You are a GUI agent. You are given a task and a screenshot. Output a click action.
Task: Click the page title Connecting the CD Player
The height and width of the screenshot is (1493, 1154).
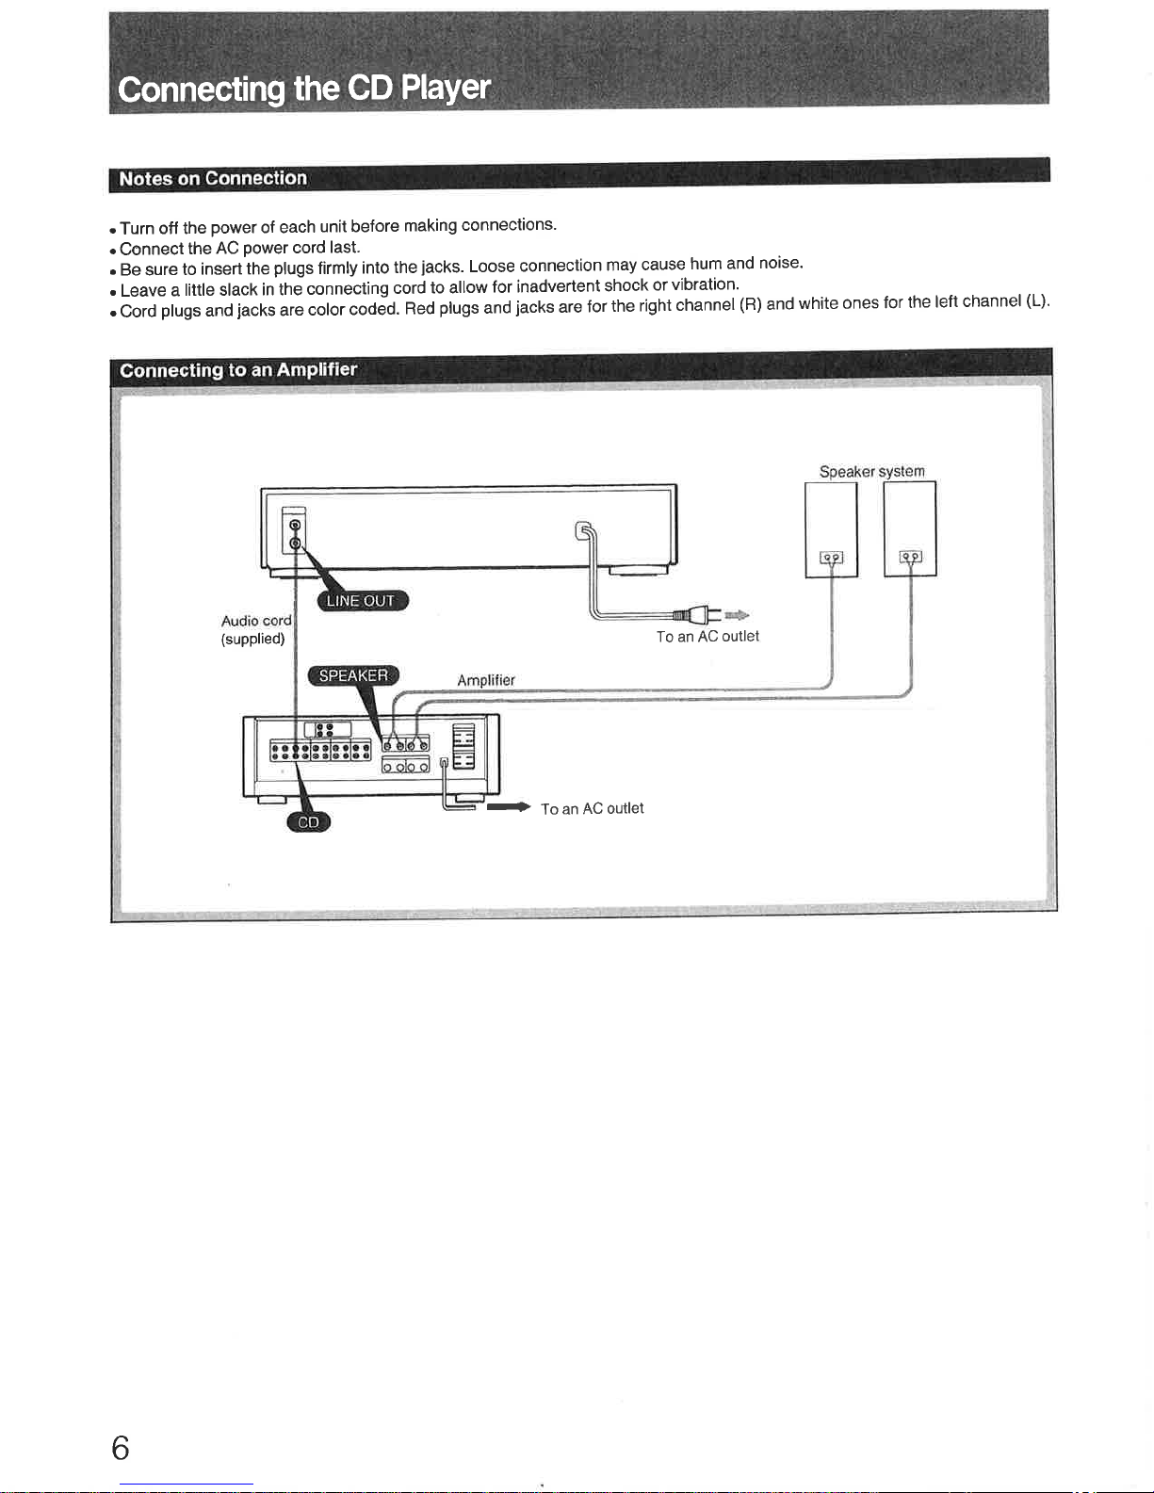pos(303,89)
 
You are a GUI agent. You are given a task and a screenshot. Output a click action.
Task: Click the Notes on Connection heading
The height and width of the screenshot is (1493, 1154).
pos(213,178)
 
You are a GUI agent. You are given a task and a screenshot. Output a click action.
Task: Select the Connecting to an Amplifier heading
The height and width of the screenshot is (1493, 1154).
pos(237,369)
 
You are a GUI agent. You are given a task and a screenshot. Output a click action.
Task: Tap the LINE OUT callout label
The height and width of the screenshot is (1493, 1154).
pos(361,601)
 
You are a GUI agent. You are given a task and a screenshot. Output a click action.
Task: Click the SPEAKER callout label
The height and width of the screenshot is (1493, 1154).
pos(353,675)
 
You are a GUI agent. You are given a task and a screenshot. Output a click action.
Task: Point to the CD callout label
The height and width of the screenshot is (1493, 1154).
pos(308,822)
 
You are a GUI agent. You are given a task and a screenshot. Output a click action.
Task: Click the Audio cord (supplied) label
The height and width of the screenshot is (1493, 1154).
pos(255,629)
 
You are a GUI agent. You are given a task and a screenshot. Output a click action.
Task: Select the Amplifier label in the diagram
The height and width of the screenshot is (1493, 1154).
pos(486,680)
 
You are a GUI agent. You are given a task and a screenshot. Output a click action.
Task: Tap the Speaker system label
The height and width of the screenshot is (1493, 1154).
pos(871,471)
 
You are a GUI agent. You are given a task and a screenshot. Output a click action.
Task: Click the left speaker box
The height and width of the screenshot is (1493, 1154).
pos(831,528)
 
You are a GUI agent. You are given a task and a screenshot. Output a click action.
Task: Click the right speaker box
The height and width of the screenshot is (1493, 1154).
pos(910,528)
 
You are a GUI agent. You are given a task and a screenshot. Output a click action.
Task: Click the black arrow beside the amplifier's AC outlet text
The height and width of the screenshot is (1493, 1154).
pos(509,807)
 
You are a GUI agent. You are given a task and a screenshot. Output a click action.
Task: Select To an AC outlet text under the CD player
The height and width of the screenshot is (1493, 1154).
pos(707,637)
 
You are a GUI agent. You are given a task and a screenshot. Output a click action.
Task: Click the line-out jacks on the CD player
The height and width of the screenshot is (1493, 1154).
pos(295,534)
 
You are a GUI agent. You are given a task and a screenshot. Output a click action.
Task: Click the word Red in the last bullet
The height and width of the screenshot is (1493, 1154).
pos(419,309)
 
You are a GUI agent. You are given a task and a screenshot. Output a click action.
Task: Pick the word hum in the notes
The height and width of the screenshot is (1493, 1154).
pos(706,264)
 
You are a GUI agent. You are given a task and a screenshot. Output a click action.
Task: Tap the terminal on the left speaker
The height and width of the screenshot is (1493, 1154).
pos(831,559)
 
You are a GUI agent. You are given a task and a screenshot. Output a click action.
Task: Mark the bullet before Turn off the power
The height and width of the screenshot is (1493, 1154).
pos(113,230)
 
